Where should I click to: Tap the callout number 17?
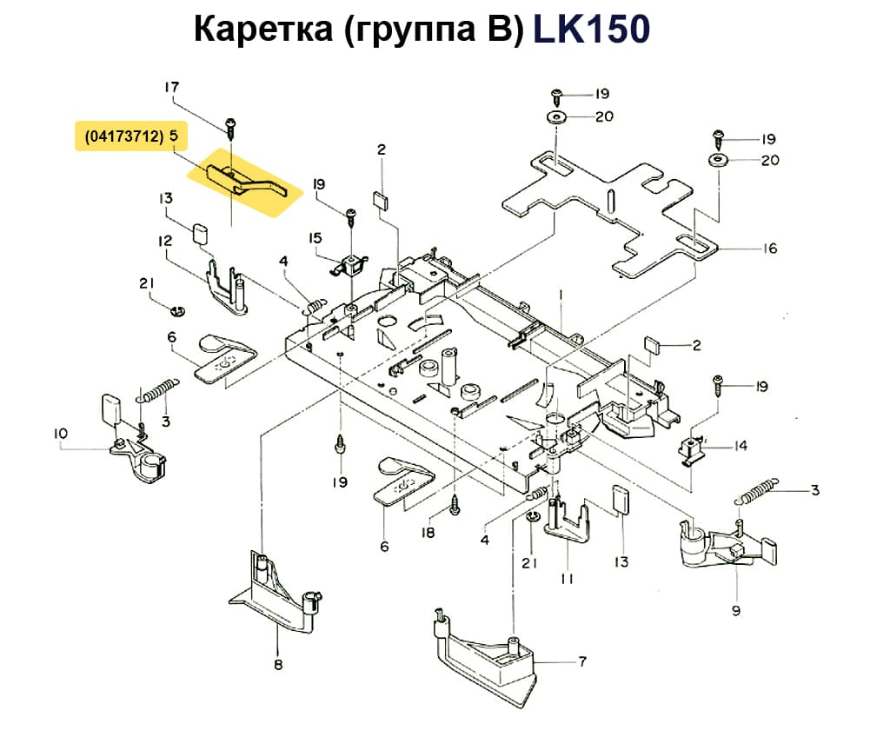pyautogui.click(x=171, y=87)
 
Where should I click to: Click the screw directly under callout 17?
pyautogui.click(x=230, y=127)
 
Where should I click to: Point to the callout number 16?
pyautogui.click(x=770, y=249)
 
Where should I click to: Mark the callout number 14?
pyautogui.click(x=740, y=447)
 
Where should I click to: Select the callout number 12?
pyautogui.click(x=165, y=241)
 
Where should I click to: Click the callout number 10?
pyautogui.click(x=60, y=433)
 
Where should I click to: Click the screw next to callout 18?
pyautogui.click(x=455, y=504)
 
